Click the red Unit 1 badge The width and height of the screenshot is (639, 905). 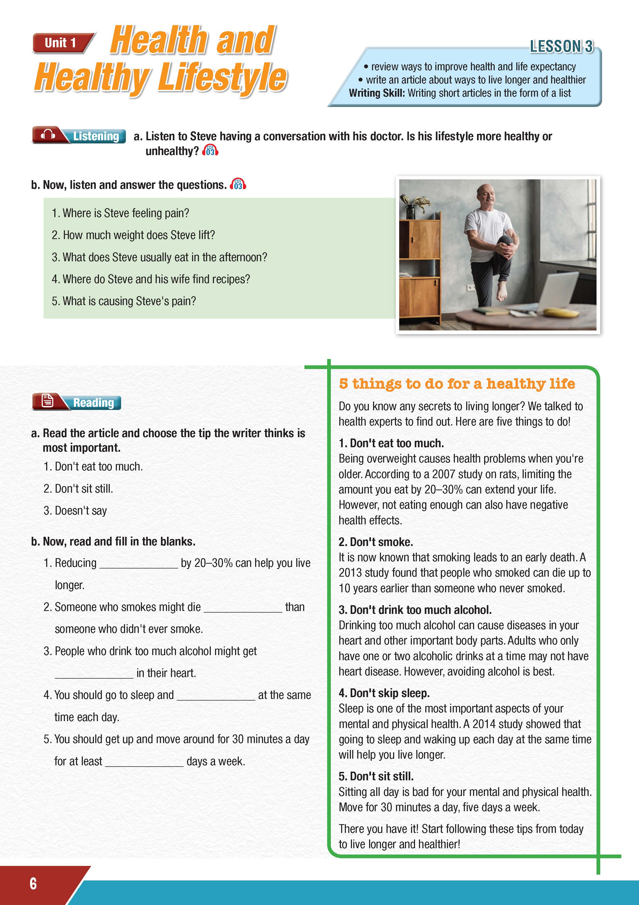61,43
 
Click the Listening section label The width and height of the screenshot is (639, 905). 96,136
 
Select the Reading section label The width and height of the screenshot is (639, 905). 93,402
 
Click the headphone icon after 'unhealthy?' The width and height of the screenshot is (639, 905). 210,151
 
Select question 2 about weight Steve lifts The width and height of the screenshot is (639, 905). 133,235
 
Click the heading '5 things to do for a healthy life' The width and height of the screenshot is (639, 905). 457,384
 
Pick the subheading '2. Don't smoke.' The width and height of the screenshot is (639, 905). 376,542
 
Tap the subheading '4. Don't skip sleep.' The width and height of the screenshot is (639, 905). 384,693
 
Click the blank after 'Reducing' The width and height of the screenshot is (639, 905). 139,564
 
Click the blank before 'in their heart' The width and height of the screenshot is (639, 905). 94,674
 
